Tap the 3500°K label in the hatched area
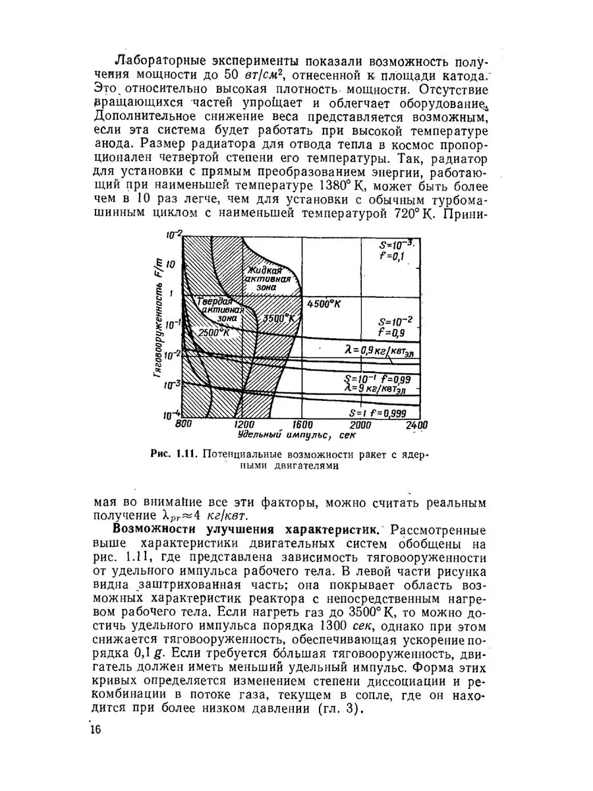click(277, 318)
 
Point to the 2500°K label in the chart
click(213, 333)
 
